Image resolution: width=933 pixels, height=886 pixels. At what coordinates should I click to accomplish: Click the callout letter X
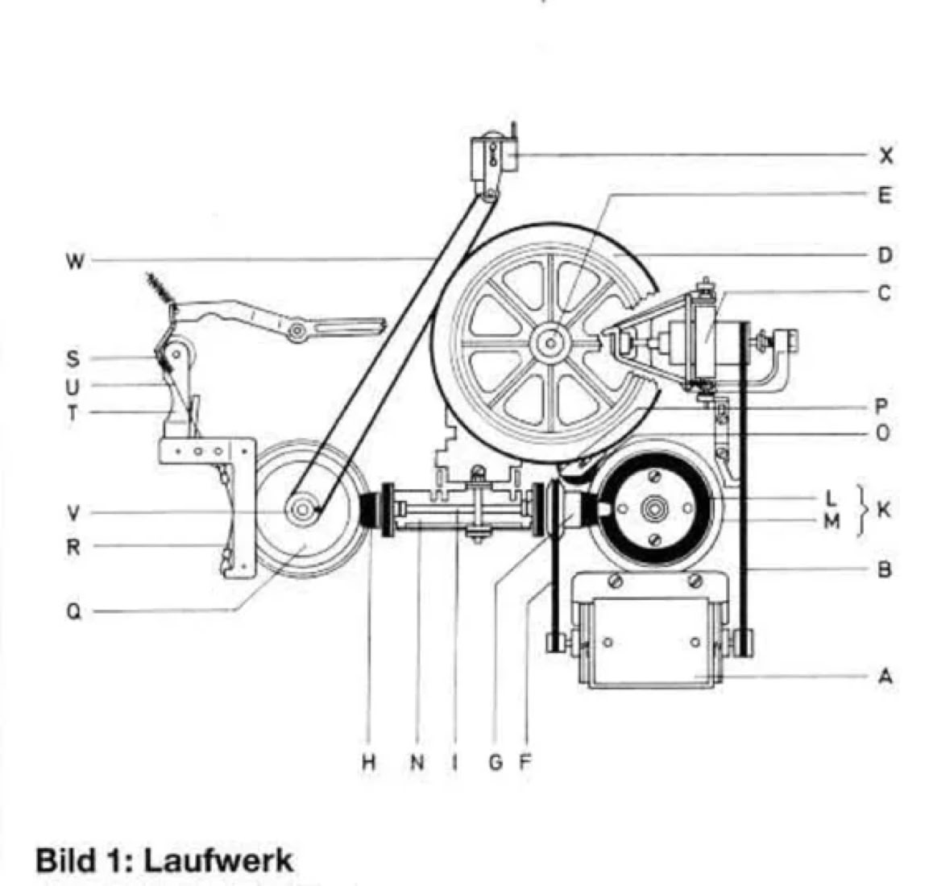coord(885,155)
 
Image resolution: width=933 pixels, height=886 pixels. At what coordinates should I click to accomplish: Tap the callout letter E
coord(885,195)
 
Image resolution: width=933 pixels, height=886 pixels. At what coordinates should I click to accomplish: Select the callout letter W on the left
coord(74,261)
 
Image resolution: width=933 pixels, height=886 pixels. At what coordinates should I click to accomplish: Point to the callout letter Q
coord(73,611)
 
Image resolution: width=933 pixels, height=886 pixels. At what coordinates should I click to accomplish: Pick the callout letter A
coord(885,677)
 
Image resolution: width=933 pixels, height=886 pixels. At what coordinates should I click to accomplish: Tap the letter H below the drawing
coord(368,762)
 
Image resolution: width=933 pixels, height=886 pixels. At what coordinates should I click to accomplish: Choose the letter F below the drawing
coord(525,762)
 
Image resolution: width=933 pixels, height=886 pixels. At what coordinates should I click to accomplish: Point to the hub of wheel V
coord(303,510)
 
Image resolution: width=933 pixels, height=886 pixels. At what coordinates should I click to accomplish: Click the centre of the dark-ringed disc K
coord(652,509)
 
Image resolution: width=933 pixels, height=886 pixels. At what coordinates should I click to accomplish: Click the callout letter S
coord(73,358)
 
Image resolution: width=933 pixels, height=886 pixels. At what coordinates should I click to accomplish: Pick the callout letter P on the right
coord(883,406)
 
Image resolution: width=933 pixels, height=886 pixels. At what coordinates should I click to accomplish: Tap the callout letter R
coord(73,547)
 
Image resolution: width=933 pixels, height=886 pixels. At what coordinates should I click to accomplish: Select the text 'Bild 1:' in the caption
coord(81,860)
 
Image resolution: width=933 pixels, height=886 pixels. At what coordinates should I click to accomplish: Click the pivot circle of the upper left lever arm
coord(298,330)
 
